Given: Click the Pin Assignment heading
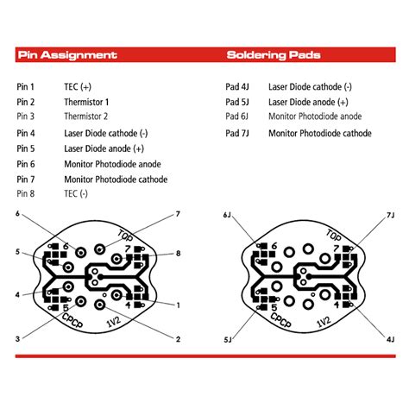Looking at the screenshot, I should pos(66,55).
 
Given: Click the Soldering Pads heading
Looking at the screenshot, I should pos(274,55).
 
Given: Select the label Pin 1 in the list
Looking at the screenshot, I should pos(26,86).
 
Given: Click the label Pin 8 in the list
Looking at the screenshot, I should pos(26,194).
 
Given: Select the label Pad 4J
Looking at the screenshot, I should pos(236,86).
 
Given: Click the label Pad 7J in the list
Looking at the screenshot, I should pos(236,133).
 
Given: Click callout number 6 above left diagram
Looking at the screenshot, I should pos(16,213).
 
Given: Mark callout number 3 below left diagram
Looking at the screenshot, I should pos(16,339).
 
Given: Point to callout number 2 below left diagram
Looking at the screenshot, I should pos(178,339).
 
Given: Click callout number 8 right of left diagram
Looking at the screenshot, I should pos(178,255).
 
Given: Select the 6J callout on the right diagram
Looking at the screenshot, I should pos(227,214).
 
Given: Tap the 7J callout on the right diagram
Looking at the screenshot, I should pos(390,214).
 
